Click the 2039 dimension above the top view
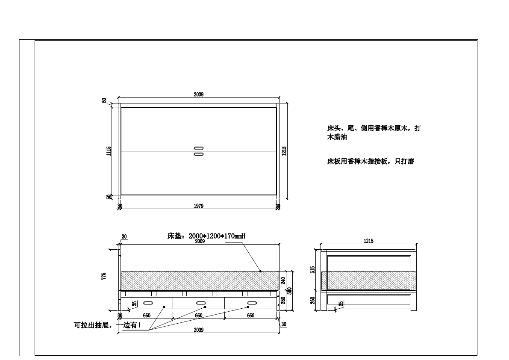coord(198,94)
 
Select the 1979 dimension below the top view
coord(198,206)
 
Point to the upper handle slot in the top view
coord(198,148)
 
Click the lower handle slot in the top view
coord(198,154)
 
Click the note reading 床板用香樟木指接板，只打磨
coord(370,162)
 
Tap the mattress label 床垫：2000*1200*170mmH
coord(206,236)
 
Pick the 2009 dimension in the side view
coord(200,242)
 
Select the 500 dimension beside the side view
coord(289,291)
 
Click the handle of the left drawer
coord(148,303)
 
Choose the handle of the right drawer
coord(252,303)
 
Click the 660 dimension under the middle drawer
coord(198,316)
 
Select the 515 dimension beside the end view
coord(313,270)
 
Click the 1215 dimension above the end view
coord(368,241)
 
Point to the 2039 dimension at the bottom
coord(198,330)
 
